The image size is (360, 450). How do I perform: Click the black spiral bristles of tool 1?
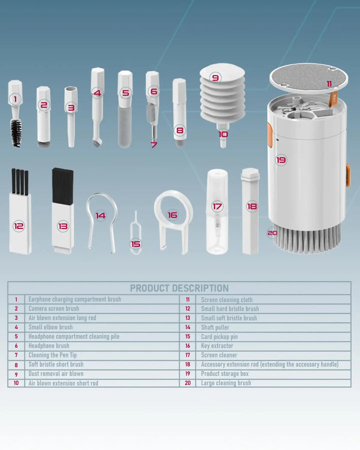pyautogui.click(x=16, y=133)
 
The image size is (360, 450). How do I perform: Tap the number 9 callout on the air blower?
pyautogui.click(x=215, y=77)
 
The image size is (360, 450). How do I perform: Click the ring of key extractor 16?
pyautogui.click(x=173, y=208)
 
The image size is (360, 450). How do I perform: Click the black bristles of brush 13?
pyautogui.click(x=62, y=186)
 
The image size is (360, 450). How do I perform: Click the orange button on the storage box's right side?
pyautogui.click(x=347, y=175)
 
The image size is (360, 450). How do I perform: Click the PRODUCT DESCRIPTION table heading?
pyautogui.click(x=179, y=288)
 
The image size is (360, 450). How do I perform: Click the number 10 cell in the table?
pyautogui.click(x=16, y=383)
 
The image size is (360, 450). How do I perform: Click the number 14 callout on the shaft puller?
pyautogui.click(x=100, y=215)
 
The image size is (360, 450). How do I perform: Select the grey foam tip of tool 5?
pyautogui.click(x=125, y=127)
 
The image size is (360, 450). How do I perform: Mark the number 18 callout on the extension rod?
pyautogui.click(x=252, y=206)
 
